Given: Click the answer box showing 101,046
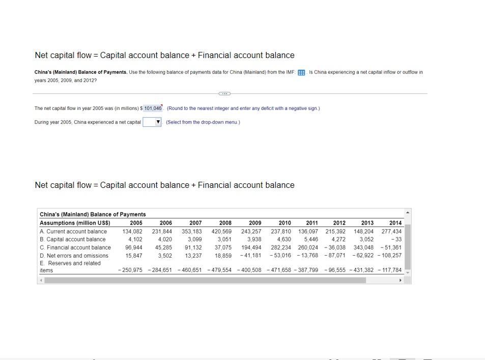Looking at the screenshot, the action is point(153,108).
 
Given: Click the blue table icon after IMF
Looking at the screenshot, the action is point(301,72).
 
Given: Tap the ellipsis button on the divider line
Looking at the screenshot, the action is point(224,94).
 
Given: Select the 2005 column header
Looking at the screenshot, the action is point(136,223).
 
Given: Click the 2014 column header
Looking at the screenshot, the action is point(395,223).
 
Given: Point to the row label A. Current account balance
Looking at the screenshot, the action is point(73,231).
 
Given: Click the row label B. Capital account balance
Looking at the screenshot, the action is point(72,239).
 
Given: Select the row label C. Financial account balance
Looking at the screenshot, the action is point(75,247).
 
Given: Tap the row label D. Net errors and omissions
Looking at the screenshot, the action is point(74,256).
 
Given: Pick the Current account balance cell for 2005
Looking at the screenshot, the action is point(132,231).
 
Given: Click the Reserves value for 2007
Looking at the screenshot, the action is point(190,270).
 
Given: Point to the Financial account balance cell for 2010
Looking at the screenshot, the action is point(281,247).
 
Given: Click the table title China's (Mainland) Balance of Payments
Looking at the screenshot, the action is point(93,214).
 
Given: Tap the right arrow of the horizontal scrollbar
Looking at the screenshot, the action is point(401,280).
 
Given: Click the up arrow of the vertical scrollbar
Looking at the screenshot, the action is point(408,212).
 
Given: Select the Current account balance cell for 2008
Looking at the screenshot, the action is point(221,231).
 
